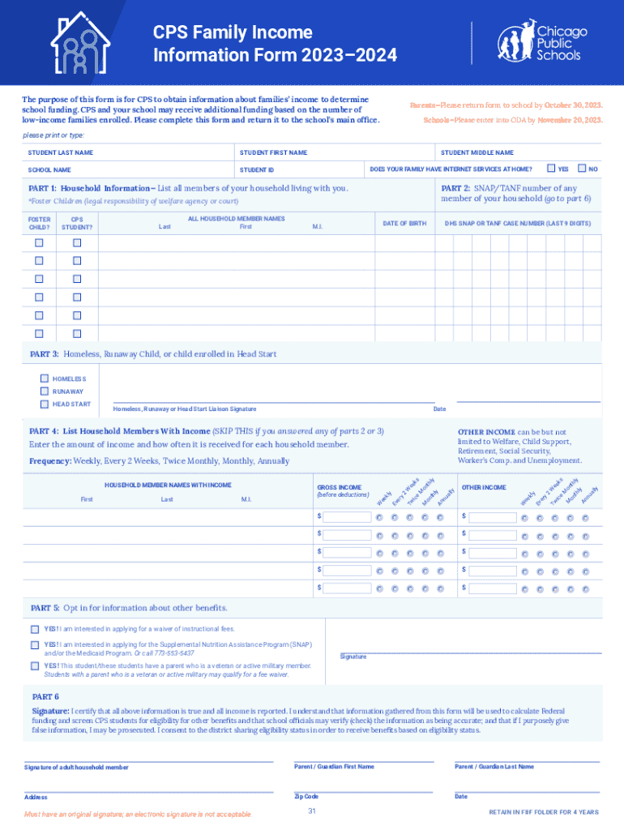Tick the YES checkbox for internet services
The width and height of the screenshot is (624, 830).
pos(551,169)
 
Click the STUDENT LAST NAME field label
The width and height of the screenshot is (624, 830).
pos(61,152)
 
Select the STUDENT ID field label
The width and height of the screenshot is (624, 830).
pos(257,169)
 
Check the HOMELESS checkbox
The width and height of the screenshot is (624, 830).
pos(45,379)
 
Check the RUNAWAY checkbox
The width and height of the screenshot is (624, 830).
pos(45,391)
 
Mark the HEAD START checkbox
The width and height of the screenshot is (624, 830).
pos(45,404)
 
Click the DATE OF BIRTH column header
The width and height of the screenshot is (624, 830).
pos(404,223)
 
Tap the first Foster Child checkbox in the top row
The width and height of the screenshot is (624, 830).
pos(39,243)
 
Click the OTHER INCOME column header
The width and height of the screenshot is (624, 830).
pos(484,487)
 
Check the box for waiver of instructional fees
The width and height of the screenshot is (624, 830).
pos(35,629)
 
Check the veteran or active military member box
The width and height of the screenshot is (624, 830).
pos(35,665)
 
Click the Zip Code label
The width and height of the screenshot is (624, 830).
pos(306,797)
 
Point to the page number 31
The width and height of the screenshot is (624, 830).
pos(312,811)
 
